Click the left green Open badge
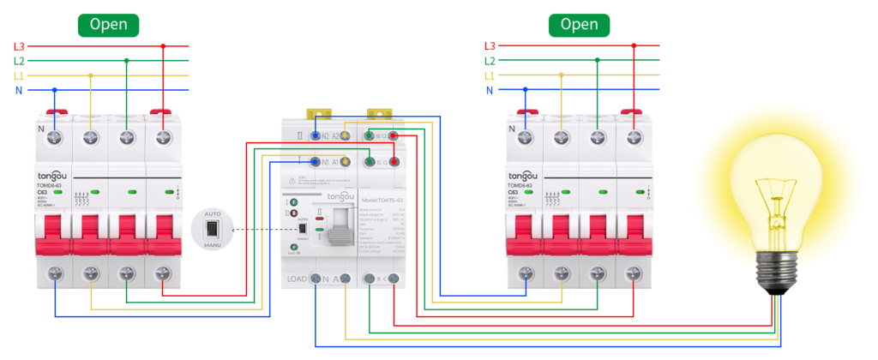point(109,25)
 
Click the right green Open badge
point(579,25)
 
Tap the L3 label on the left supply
point(20,45)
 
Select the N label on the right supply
point(490,90)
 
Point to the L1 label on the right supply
point(490,75)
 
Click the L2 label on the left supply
point(20,61)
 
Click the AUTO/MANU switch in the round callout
point(212,229)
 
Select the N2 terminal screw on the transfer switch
point(316,135)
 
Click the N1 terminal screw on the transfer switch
point(316,161)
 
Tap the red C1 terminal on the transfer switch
point(394,161)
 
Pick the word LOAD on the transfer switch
point(296,279)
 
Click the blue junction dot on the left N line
point(55,90)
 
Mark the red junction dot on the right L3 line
point(634,45)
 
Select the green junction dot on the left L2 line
point(127,61)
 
